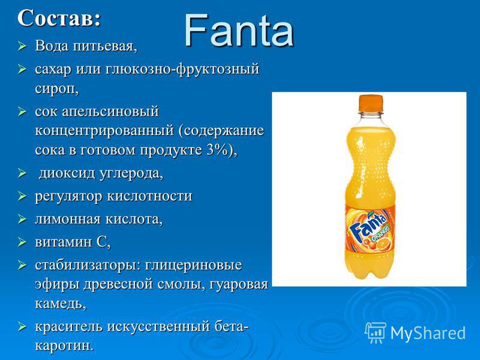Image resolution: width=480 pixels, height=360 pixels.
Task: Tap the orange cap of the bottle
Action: pos(371,103)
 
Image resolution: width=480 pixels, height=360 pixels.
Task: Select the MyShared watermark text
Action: pos(428,333)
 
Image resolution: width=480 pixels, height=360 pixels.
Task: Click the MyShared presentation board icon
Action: pos(376,332)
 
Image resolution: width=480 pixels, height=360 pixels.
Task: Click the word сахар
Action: pos(53,69)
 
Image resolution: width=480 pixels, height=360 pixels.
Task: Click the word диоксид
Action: pos(67,173)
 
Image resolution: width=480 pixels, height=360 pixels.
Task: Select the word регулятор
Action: pos(68,196)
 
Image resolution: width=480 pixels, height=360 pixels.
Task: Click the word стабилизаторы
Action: pos(86,265)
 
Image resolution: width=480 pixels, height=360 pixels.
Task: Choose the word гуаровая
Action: pos(238,284)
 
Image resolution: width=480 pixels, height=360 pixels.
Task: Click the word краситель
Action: pos(68,326)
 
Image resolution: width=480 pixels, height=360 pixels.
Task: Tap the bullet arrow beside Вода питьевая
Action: pos(22,46)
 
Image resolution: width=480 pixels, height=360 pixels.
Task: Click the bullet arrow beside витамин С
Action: pos(22,242)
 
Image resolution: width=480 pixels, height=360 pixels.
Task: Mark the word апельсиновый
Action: pos(110,112)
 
